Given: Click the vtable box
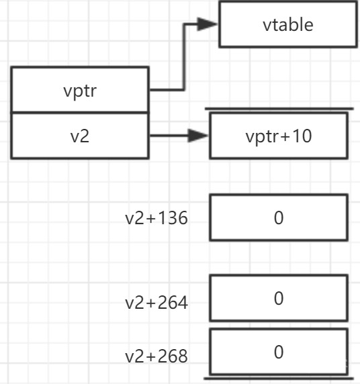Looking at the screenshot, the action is coord(288,24).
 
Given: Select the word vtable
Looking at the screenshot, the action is coord(288,25).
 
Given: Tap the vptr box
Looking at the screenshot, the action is coord(80,90).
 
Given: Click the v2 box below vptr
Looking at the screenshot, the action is coord(80,136).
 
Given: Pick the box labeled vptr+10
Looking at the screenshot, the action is coord(279,136).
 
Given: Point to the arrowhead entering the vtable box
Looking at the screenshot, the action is coord(207,24).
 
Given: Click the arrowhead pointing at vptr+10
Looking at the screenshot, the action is coord(198,136).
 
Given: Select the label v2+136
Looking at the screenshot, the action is coord(156,218).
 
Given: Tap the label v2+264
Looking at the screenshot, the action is coord(156,303).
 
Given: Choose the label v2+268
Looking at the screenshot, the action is coord(156,356).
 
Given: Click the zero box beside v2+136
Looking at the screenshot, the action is coord(279,218).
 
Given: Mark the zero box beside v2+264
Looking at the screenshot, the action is coord(279,298).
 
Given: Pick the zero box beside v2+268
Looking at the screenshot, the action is coord(279,352).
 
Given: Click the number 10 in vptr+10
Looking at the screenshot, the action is coord(302,136).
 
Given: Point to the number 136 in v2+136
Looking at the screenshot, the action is coord(173,218).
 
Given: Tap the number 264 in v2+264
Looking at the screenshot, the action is coord(173,303).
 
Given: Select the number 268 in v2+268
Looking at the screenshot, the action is coord(173,356).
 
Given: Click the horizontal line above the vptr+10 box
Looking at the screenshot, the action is coord(279,109).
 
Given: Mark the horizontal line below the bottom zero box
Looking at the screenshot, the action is coord(279,379).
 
